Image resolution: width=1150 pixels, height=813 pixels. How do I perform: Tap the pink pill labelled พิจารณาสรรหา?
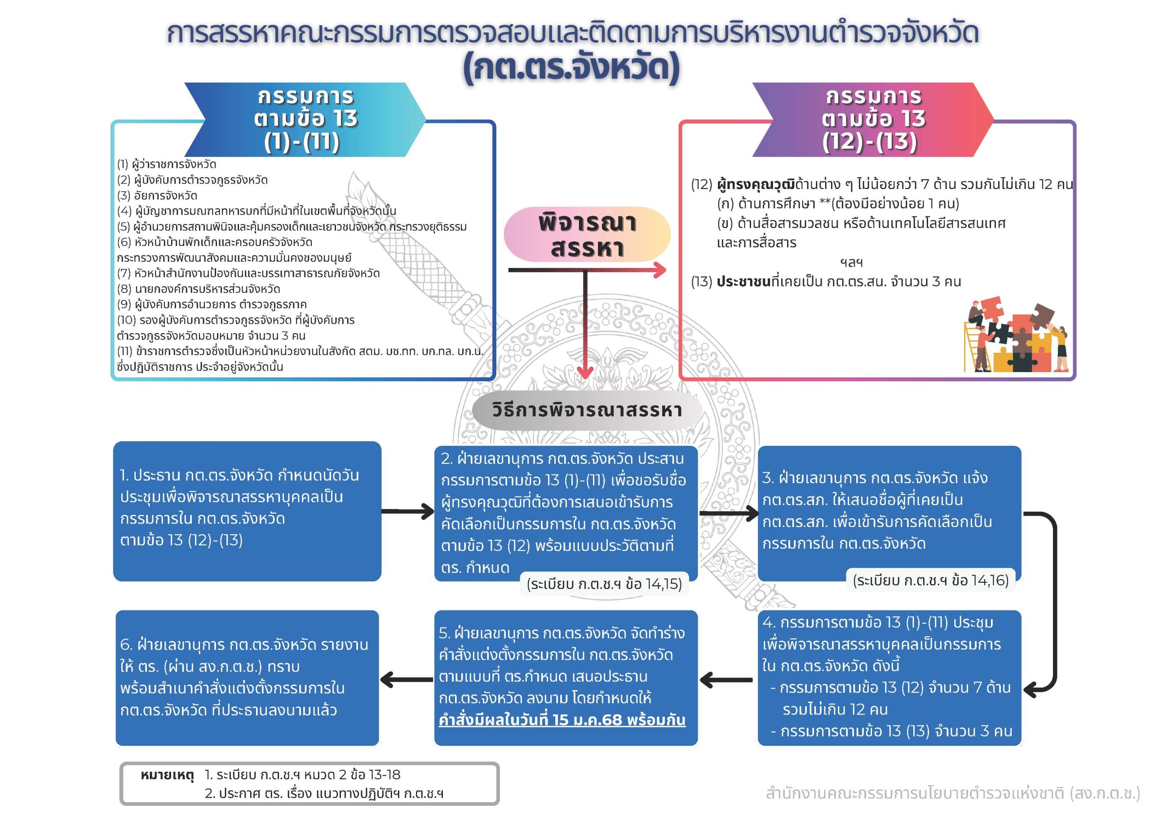click(x=587, y=234)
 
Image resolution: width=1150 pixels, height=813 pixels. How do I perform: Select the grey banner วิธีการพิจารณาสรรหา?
click(x=587, y=410)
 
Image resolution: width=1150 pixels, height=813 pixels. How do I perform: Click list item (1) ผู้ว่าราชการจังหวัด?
click(x=167, y=164)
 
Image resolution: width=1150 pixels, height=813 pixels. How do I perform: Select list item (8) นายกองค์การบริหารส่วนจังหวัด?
click(x=199, y=289)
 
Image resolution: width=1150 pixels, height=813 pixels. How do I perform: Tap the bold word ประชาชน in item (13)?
click(x=743, y=282)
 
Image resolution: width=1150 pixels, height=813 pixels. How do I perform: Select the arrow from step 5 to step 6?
click(x=407, y=679)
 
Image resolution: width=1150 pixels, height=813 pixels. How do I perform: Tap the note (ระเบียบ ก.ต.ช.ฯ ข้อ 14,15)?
click(x=604, y=584)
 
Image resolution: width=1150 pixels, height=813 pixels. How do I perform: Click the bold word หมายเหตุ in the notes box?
click(x=167, y=775)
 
